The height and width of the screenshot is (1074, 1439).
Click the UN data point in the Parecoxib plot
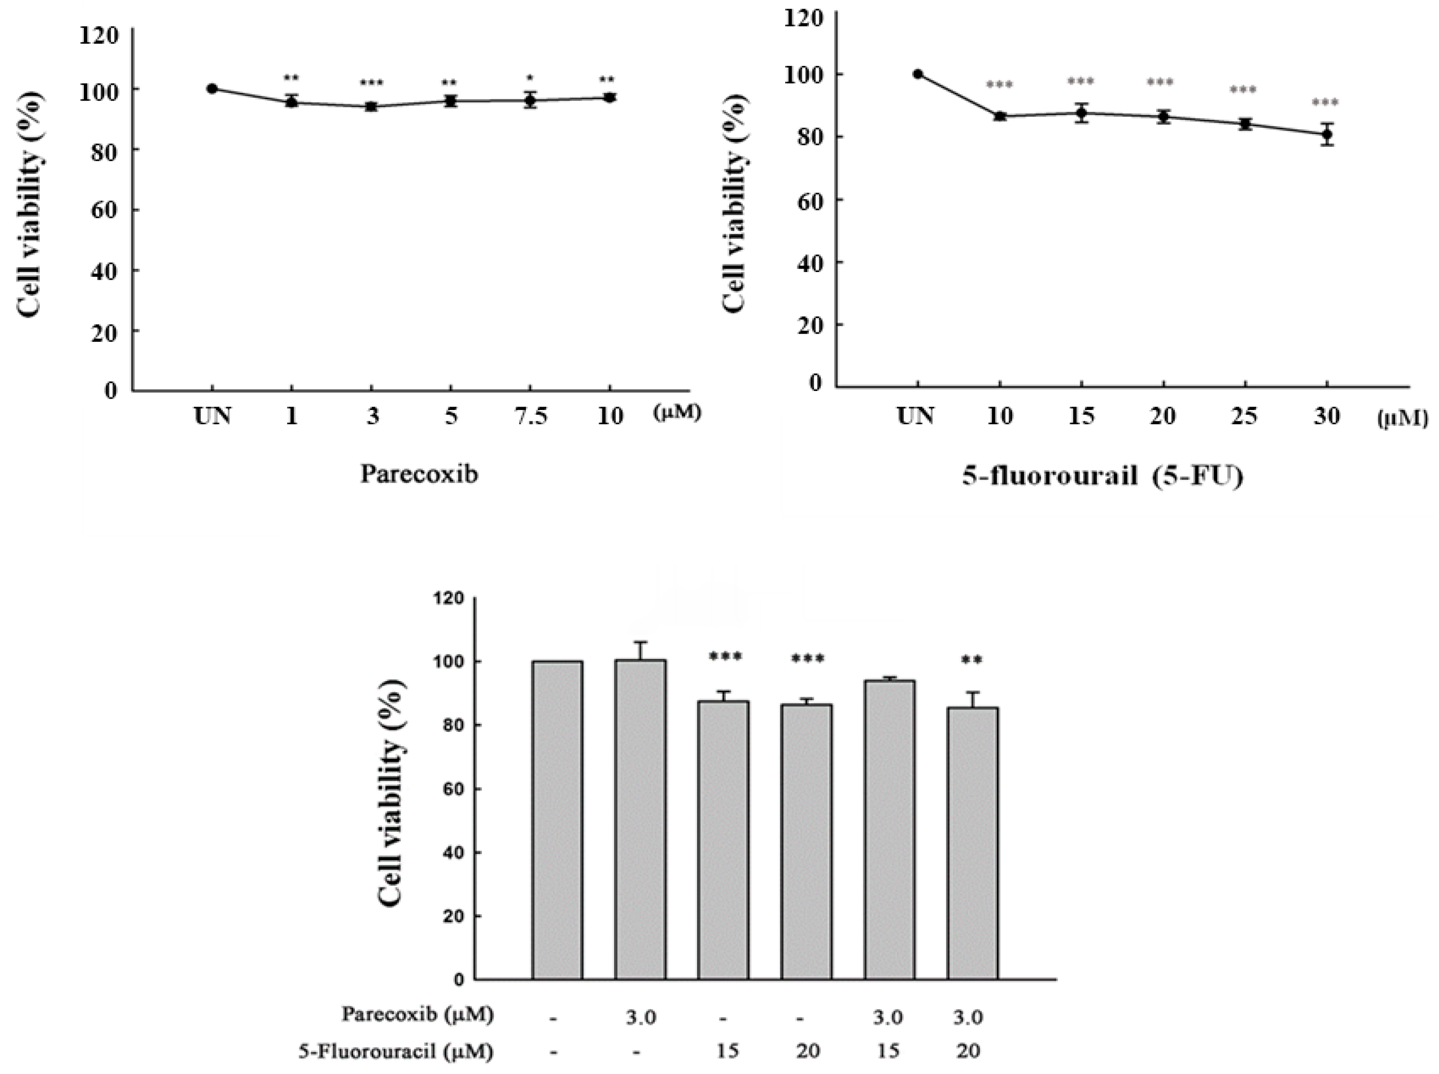tap(212, 89)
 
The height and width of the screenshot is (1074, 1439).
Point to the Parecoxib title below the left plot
tap(419, 473)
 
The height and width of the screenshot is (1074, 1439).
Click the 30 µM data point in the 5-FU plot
tap(1327, 135)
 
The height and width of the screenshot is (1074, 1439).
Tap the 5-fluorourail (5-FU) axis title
tap(1102, 476)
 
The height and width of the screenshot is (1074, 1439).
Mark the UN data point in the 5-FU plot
tap(918, 74)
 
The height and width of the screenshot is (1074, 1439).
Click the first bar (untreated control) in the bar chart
tap(557, 819)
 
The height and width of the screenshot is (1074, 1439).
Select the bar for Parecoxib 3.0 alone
tap(640, 819)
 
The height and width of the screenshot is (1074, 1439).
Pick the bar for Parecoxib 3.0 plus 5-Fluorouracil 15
tap(889, 829)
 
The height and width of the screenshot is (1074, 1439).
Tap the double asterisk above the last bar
tap(972, 661)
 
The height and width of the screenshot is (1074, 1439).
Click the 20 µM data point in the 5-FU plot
tap(1163, 117)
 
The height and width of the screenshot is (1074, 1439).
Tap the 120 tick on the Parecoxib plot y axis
tap(99, 35)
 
